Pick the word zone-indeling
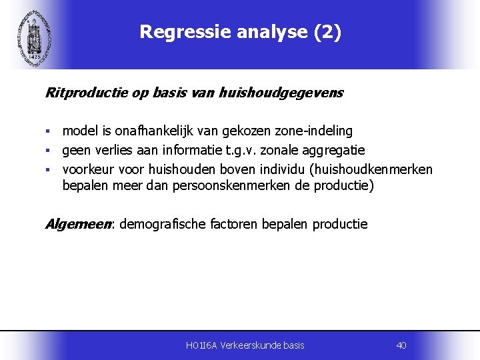click(316, 131)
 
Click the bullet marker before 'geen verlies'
click(48, 151)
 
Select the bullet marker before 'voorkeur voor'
click(48, 170)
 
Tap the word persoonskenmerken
click(233, 185)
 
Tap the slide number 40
click(401, 345)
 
